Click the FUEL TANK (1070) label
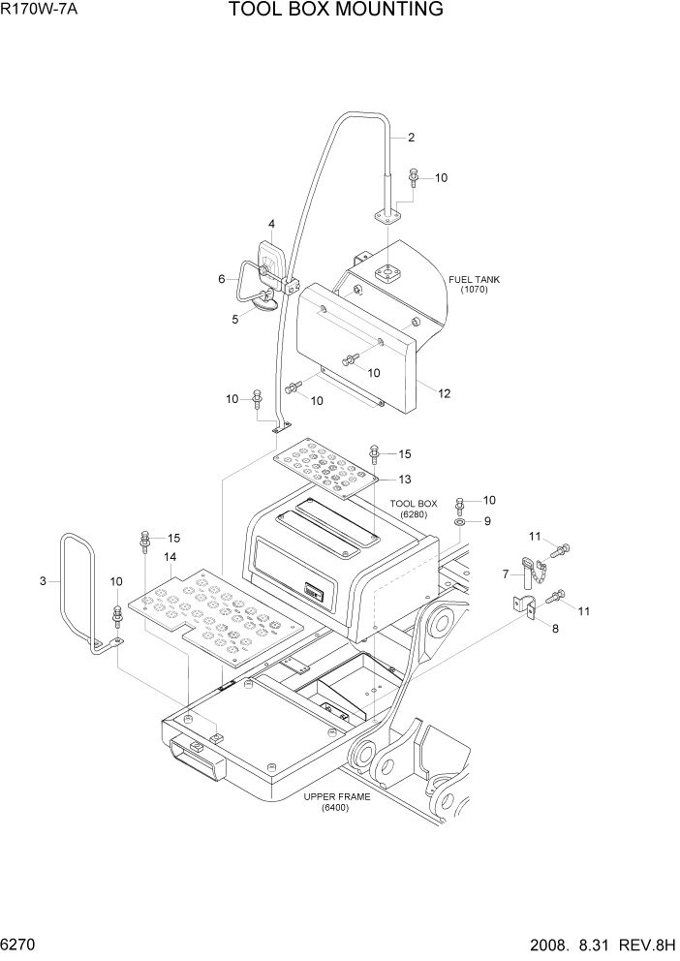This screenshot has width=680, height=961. tap(474, 284)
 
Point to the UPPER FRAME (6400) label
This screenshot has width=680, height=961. tap(325, 801)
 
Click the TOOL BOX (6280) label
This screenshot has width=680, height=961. tap(414, 509)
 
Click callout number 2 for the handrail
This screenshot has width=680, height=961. tap(411, 138)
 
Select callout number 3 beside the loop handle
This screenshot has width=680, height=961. tap(43, 581)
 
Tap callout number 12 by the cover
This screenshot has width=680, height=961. tap(445, 393)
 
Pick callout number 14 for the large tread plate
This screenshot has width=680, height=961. tap(170, 557)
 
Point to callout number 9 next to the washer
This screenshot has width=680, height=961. tap(488, 521)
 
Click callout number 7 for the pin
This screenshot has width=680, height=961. tap(505, 574)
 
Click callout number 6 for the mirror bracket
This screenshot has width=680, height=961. tap(222, 279)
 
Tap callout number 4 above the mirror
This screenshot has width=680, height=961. tap(271, 225)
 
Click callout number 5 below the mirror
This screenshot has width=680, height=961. tap(233, 318)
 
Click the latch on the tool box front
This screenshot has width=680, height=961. tap(314, 588)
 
